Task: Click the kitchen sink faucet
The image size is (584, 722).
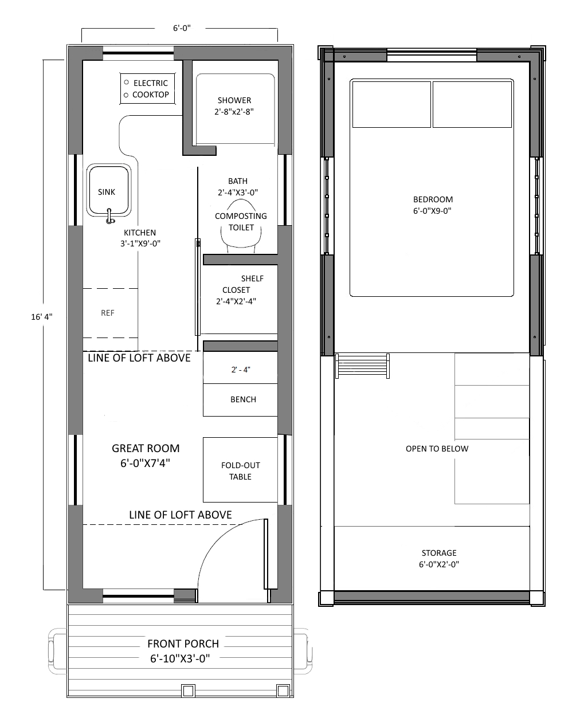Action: click(109, 216)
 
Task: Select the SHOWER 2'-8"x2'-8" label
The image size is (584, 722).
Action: click(234, 106)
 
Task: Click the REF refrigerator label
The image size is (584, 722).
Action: click(108, 313)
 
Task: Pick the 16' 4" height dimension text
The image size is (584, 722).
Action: click(42, 317)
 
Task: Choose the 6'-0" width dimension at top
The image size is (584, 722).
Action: click(182, 28)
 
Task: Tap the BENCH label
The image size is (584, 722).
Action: click(243, 399)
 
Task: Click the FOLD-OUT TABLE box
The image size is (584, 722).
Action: click(240, 469)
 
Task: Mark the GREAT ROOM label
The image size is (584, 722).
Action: click(146, 456)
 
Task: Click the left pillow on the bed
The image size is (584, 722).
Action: click(391, 104)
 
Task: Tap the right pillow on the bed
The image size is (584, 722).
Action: click(472, 104)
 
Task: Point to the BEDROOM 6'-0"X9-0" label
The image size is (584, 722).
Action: click(433, 205)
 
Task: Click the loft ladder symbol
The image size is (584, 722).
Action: click(362, 366)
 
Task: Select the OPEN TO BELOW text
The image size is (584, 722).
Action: click(437, 449)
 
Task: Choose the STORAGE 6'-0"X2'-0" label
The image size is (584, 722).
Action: click(439, 558)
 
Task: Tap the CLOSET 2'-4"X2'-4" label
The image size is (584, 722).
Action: click(236, 296)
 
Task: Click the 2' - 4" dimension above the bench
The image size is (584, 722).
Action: click(241, 370)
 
